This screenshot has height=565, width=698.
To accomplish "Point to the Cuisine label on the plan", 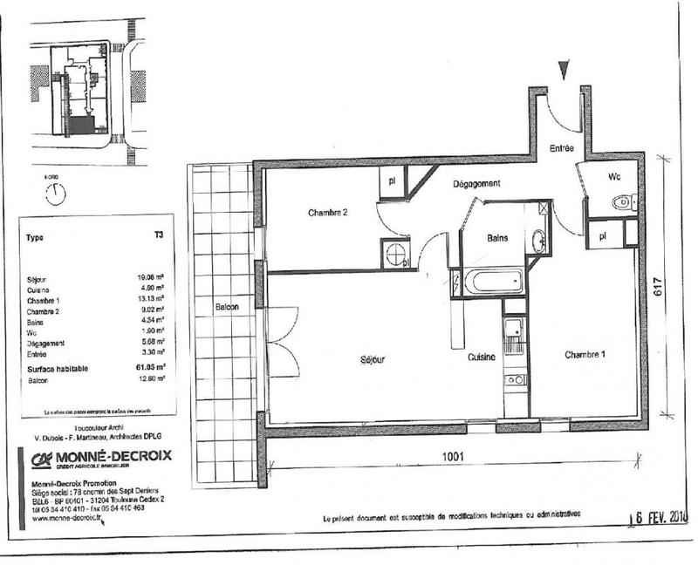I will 480,357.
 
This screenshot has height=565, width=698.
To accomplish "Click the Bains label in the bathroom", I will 498,236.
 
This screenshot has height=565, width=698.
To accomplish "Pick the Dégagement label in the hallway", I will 476,184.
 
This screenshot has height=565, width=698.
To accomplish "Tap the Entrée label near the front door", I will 561,149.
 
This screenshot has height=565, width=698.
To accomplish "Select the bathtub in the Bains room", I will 492,281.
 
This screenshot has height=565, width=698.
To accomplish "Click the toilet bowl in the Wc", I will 623,202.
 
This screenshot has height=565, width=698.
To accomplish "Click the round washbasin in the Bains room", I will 538,242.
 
